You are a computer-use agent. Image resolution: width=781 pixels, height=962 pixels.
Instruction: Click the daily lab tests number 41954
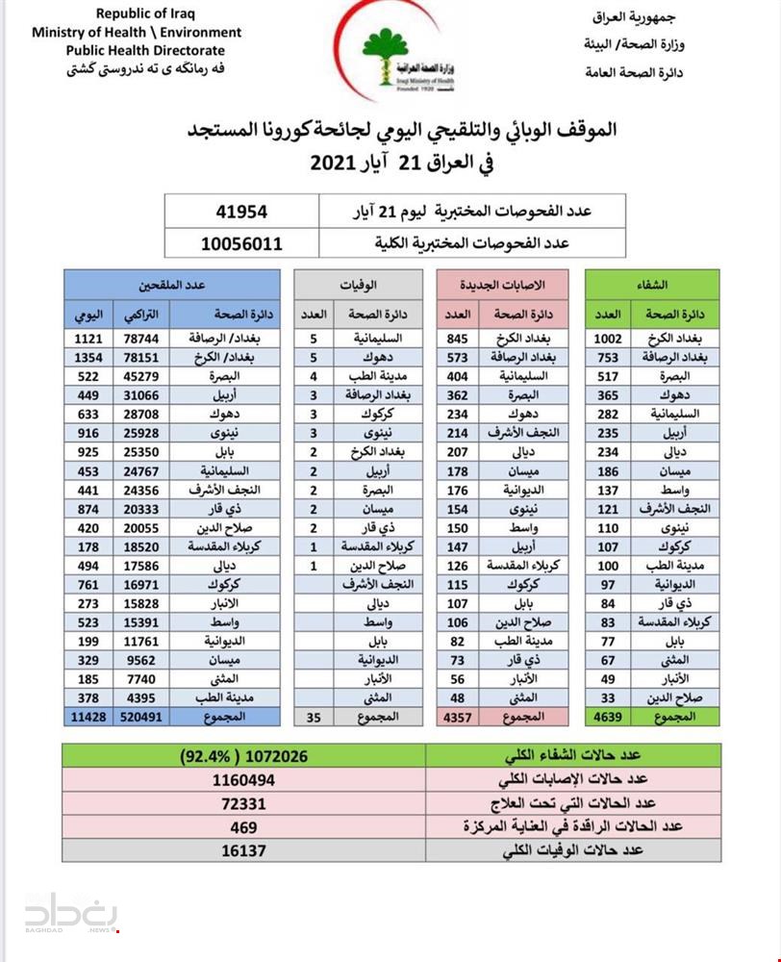coord(241,212)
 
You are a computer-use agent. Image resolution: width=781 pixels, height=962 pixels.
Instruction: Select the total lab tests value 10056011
coord(241,243)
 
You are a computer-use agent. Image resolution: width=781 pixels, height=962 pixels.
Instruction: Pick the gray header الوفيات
coord(359,285)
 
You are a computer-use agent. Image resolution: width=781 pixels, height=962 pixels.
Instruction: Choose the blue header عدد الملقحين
coord(173,285)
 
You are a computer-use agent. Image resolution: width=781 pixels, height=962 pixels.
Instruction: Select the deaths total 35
coord(314,717)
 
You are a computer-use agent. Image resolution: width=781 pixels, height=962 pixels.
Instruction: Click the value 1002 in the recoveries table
coord(609,339)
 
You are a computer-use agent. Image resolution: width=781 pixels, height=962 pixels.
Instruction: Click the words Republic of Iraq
coord(137,14)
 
